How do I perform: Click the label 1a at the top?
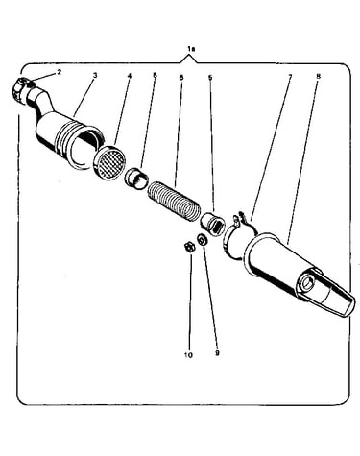(x=191, y=49)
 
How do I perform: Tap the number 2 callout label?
(x=59, y=72)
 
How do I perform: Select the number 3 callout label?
(x=95, y=76)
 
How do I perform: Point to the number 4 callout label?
(x=130, y=76)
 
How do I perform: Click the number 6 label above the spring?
(x=181, y=77)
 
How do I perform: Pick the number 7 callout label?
(x=290, y=77)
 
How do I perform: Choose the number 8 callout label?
(x=318, y=77)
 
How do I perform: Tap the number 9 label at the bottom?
(x=217, y=353)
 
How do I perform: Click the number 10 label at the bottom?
(x=188, y=355)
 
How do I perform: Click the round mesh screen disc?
(x=110, y=164)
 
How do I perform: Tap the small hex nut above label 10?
(x=188, y=247)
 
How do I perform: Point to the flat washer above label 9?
(x=203, y=240)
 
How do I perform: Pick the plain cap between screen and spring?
(x=136, y=180)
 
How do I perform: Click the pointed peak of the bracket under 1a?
(x=191, y=57)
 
